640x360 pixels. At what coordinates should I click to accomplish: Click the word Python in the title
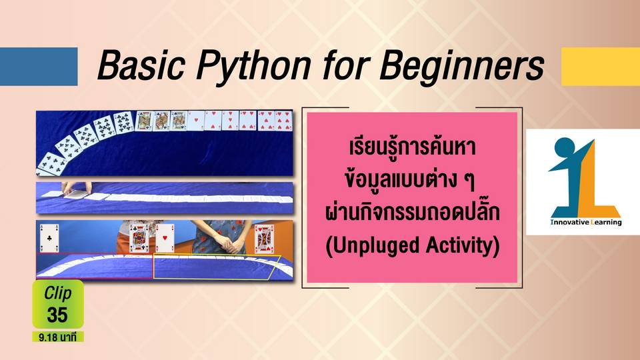click(253, 65)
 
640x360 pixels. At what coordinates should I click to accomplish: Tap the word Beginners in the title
click(461, 65)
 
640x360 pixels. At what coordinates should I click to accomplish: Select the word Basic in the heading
click(141, 65)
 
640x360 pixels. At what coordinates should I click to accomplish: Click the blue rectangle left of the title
click(39, 66)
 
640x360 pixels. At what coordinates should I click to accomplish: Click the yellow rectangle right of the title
click(601, 66)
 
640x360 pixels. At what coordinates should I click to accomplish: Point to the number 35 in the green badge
click(57, 315)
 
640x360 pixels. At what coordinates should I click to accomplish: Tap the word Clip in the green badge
click(57, 293)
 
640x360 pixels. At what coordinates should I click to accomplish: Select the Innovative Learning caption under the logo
click(586, 223)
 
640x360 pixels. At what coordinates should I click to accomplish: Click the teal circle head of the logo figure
click(564, 147)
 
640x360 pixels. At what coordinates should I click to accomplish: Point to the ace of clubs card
click(49, 239)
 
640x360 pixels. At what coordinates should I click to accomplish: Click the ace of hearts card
click(165, 239)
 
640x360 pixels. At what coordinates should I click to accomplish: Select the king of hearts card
click(264, 239)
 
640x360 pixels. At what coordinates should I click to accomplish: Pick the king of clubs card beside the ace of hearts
click(139, 239)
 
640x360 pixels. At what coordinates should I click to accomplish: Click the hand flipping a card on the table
click(75, 188)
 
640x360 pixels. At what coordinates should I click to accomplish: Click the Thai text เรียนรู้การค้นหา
click(412, 147)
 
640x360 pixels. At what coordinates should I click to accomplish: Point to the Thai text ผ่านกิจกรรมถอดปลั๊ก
click(412, 212)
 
